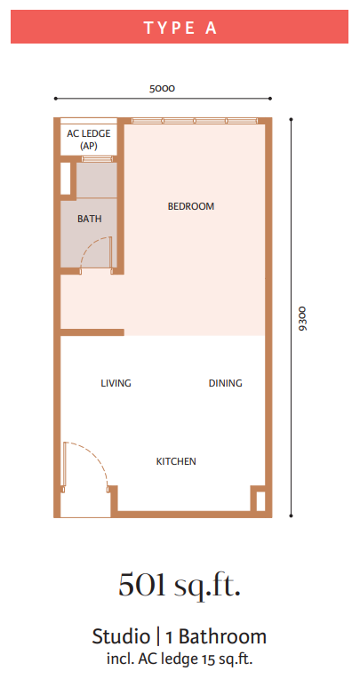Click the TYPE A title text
tap(180, 28)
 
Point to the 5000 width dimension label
tap(162, 89)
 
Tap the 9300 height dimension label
tap(303, 319)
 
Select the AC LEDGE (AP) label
tap(88, 140)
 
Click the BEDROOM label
tap(191, 206)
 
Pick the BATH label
tap(90, 220)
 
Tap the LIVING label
tap(116, 383)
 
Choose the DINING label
tap(225, 383)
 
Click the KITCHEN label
tap(176, 461)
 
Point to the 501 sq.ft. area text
tap(179, 586)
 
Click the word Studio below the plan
tap(121, 636)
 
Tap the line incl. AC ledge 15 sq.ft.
tap(180, 659)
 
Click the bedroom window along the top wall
tap(195, 121)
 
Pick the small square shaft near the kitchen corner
tap(260, 501)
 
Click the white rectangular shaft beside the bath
tap(66, 179)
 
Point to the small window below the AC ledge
tap(98, 158)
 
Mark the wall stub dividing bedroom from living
tap(92, 332)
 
